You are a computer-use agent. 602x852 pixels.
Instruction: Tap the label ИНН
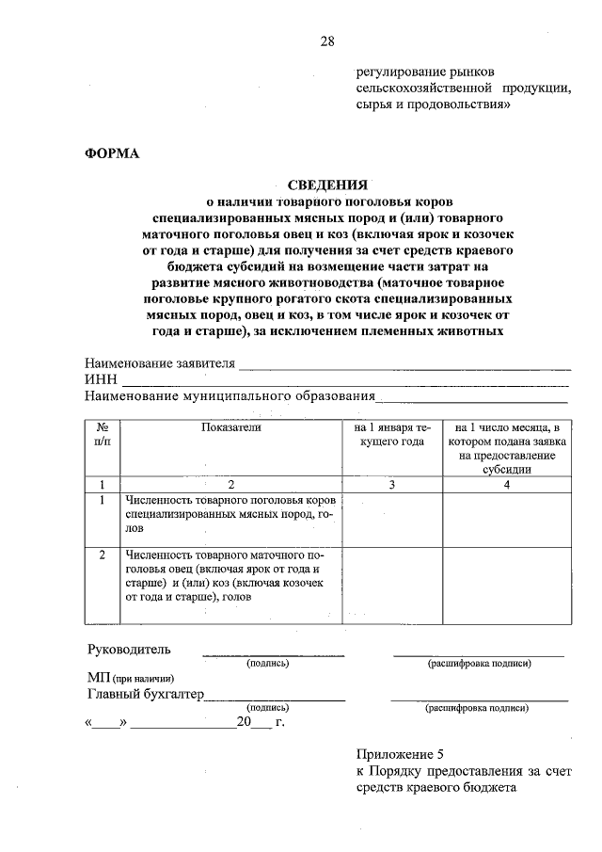pyautogui.click(x=100, y=379)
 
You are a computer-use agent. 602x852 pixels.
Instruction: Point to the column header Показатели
pyautogui.click(x=230, y=427)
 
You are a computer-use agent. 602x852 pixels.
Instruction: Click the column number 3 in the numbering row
pyautogui.click(x=392, y=484)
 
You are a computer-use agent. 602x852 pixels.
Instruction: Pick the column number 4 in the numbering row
pyautogui.click(x=506, y=484)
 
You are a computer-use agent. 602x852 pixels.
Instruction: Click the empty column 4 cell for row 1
pyautogui.click(x=506, y=517)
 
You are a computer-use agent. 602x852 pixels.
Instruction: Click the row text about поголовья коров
pyautogui.click(x=230, y=514)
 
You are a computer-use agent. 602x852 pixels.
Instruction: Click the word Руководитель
pyautogui.click(x=129, y=650)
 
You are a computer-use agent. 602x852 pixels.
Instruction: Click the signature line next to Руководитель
pyautogui.click(x=274, y=652)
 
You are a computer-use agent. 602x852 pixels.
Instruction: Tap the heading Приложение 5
pyautogui.click(x=399, y=755)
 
